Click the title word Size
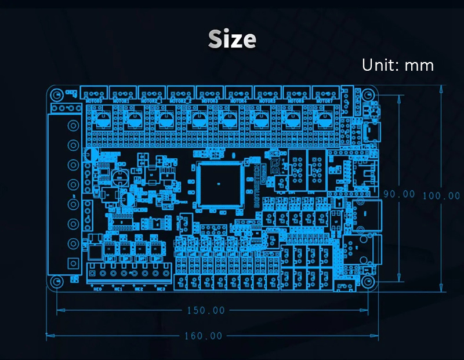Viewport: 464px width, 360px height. click(232, 39)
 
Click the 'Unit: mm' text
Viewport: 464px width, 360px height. click(397, 64)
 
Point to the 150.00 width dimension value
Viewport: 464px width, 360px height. click(205, 310)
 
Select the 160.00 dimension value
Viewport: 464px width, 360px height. click(204, 336)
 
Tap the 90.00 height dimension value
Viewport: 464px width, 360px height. click(398, 194)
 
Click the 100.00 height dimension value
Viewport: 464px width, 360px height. click(440, 195)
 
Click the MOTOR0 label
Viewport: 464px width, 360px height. click(94, 101)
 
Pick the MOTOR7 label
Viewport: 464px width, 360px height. click(324, 101)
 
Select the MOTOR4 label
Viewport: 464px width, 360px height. click(238, 101)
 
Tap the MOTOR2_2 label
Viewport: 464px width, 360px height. click(181, 101)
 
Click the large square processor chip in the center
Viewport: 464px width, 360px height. click(218, 184)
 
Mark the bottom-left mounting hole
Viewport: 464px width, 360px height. click(57, 282)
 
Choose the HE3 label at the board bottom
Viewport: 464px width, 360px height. click(160, 288)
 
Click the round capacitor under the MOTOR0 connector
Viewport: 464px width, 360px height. click(105, 119)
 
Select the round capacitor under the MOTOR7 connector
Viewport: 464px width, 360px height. click(323, 119)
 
